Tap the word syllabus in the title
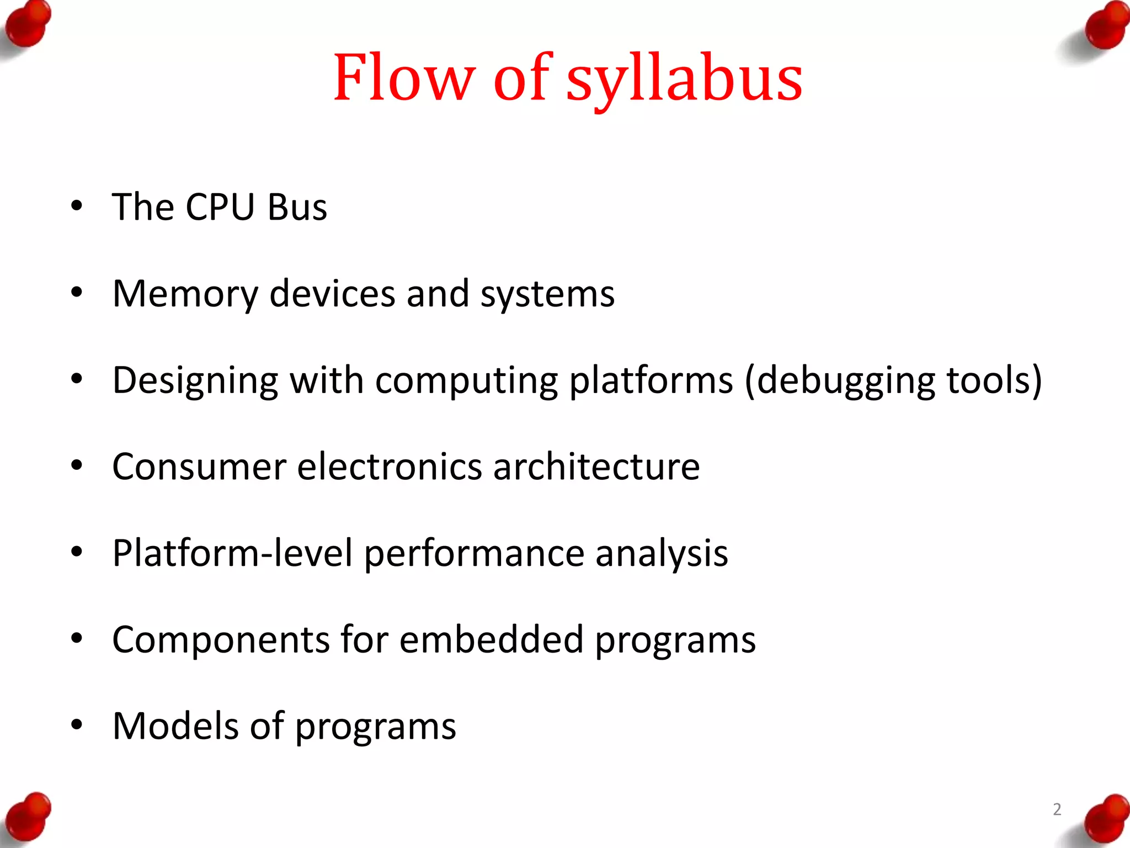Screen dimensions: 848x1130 coord(684,80)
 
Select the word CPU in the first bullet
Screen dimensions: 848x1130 coord(220,207)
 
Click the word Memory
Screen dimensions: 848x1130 coord(185,294)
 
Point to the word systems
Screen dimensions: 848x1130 coord(547,295)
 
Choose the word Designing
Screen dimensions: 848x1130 coord(195,381)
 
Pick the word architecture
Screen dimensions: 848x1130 coord(596,467)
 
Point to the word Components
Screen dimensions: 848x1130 coord(221,640)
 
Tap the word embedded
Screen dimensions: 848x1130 coord(491,640)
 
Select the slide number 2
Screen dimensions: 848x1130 coord(1057,809)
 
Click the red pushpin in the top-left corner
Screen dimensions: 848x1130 coord(26,25)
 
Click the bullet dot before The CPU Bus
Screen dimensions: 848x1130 coord(77,206)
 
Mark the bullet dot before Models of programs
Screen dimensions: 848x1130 coord(77,724)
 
